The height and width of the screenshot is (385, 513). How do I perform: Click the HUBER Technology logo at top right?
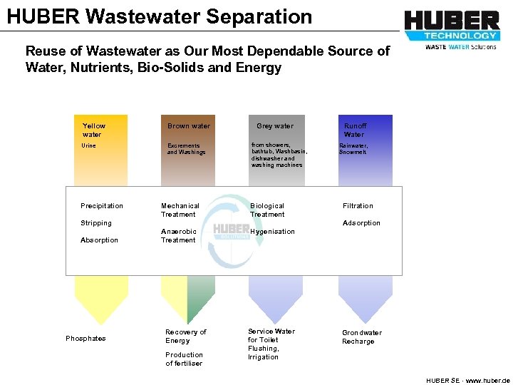[x=452, y=29]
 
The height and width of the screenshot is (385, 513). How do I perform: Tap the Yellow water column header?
[x=93, y=130]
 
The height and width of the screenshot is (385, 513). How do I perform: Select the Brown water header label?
[x=189, y=126]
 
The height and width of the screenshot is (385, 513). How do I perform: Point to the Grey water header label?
[x=275, y=126]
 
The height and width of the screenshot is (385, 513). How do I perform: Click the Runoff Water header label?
[x=354, y=130]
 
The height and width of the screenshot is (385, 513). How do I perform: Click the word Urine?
[x=88, y=145]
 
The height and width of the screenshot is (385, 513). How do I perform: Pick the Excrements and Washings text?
[x=186, y=149]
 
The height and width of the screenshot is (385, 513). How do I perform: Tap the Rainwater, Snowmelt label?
[x=353, y=149]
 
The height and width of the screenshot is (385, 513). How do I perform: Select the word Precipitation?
[x=102, y=206]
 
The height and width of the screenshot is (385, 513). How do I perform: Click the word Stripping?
[x=96, y=223]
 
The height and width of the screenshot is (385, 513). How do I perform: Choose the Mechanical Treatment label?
[x=180, y=210]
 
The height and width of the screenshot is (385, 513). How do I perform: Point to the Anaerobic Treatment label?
[x=178, y=236]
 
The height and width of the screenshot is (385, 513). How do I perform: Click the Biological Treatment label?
[x=267, y=210]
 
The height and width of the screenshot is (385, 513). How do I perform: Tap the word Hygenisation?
[x=272, y=232]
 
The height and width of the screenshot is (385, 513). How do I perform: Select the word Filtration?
[x=358, y=206]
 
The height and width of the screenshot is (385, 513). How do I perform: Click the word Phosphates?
[x=85, y=339]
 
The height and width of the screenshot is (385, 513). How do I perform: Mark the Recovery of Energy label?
[x=185, y=337]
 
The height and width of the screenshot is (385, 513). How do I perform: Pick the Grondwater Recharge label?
[x=361, y=337]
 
